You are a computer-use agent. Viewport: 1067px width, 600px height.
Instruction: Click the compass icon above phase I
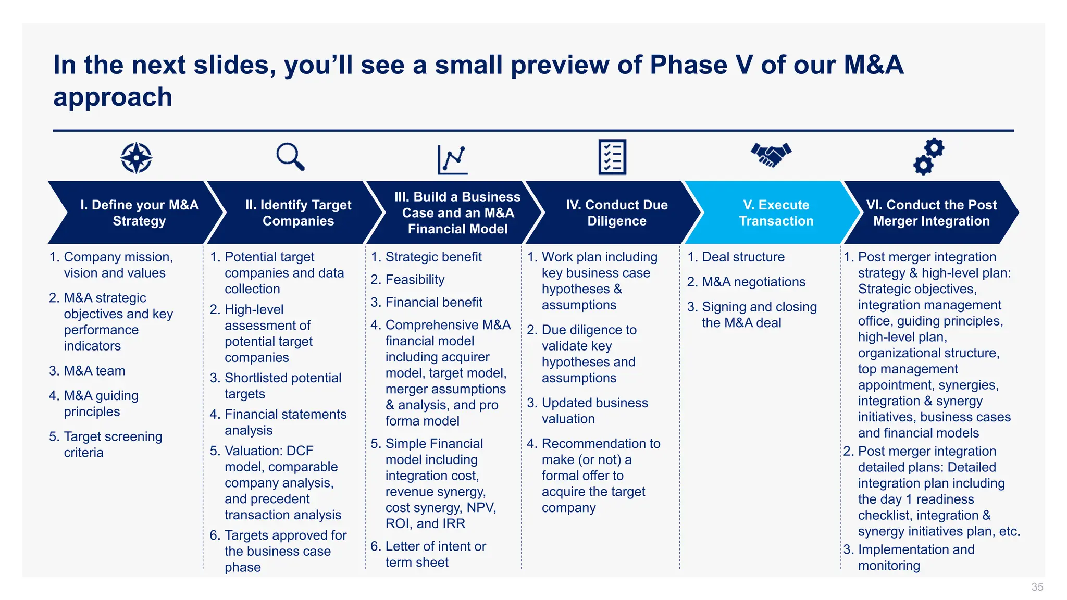click(x=136, y=157)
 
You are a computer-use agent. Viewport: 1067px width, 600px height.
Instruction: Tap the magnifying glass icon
click(x=290, y=156)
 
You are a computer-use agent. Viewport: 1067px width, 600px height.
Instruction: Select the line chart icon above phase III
click(x=452, y=159)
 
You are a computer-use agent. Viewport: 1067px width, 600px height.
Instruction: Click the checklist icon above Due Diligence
click(x=612, y=157)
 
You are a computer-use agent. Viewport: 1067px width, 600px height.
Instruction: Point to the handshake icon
click(x=771, y=155)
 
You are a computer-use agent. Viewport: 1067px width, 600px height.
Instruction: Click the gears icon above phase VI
click(x=928, y=156)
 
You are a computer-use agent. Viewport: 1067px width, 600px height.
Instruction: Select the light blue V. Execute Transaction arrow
click(x=776, y=213)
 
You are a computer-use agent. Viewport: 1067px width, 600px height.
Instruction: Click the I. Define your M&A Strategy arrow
click(x=139, y=213)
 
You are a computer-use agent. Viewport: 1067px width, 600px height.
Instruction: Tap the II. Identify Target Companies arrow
click(x=298, y=213)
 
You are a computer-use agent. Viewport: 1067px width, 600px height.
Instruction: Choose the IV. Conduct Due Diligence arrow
click(x=616, y=213)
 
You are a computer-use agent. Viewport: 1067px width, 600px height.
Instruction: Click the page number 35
click(x=1037, y=587)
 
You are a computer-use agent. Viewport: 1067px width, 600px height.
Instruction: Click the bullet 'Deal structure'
click(x=743, y=257)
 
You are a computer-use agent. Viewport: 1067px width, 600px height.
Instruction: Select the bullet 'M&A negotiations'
click(x=753, y=282)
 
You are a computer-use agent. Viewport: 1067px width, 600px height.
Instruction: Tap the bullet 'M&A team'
click(x=94, y=371)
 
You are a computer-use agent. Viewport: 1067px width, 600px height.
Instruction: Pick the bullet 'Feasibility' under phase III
click(x=415, y=280)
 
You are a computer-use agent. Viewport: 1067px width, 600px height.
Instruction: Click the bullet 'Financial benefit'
click(x=433, y=302)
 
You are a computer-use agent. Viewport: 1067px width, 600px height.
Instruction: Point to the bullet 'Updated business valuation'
click(x=594, y=410)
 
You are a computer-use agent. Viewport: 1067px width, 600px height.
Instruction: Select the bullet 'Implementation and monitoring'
click(x=915, y=557)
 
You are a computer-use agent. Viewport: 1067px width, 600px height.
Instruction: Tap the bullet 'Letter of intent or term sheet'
click(x=435, y=554)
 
